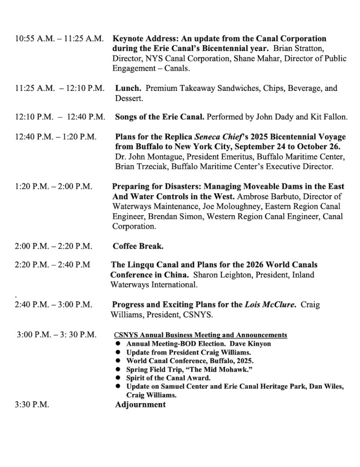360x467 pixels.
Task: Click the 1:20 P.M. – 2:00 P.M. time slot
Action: [53, 187]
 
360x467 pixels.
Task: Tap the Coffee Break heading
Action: [138, 246]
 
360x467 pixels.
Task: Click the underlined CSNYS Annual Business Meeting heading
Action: [201, 335]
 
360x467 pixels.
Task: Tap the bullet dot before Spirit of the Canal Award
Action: [118, 378]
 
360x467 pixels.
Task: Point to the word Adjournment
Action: [140, 405]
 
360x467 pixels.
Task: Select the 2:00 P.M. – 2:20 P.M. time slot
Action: [53, 246]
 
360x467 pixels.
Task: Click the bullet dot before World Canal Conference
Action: [118, 361]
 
